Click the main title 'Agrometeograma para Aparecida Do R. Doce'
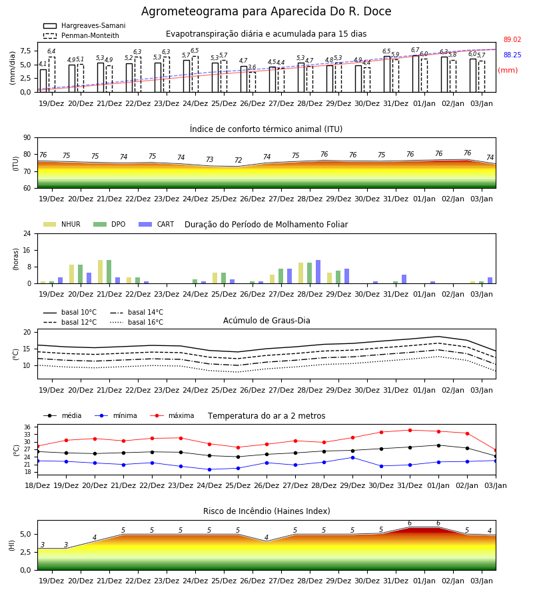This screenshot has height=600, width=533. [x=266, y=11]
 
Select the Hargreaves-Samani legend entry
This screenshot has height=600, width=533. [x=84, y=25]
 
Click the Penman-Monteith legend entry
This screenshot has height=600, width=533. [x=81, y=35]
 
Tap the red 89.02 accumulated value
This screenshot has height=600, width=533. [x=512, y=39]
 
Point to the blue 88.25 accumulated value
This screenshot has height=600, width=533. [x=512, y=55]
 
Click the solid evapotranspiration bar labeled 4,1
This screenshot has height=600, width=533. [x=43, y=81]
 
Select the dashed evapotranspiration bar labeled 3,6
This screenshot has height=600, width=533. [x=253, y=82]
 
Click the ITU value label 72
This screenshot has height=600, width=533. [x=239, y=160]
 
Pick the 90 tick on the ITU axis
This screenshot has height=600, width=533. [x=27, y=138]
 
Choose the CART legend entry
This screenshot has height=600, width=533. [x=157, y=224]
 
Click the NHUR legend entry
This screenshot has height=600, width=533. [x=62, y=224]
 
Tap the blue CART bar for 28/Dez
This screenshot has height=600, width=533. [x=318, y=272]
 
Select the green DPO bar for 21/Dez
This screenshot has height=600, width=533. [x=109, y=272]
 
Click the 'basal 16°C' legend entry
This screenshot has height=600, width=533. [x=137, y=322]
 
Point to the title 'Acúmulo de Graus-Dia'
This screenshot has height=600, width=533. [x=266, y=320]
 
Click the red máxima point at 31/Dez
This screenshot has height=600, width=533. [x=410, y=430]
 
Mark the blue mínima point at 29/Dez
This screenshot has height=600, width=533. [x=352, y=457]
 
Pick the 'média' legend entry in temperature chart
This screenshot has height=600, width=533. [x=63, y=415]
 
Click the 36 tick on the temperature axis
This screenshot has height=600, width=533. [x=27, y=427]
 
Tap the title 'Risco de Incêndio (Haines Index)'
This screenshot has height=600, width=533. [x=266, y=511]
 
